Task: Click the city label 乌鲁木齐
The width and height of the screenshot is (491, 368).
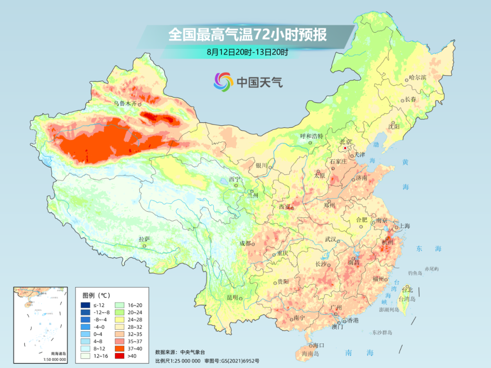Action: (x=125, y=104)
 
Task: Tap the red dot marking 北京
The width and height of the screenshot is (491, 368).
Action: (x=346, y=148)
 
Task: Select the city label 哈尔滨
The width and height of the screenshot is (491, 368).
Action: (x=417, y=78)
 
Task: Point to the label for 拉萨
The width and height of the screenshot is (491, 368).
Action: (x=144, y=239)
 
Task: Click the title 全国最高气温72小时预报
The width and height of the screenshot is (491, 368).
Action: (x=247, y=35)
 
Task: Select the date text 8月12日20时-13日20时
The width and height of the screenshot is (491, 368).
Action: (x=247, y=52)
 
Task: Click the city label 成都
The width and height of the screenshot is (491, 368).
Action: (x=245, y=243)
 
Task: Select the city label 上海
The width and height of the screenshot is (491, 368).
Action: (x=404, y=226)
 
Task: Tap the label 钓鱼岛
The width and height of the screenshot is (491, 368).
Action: (x=416, y=273)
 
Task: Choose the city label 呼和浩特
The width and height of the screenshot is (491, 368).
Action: (x=311, y=136)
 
